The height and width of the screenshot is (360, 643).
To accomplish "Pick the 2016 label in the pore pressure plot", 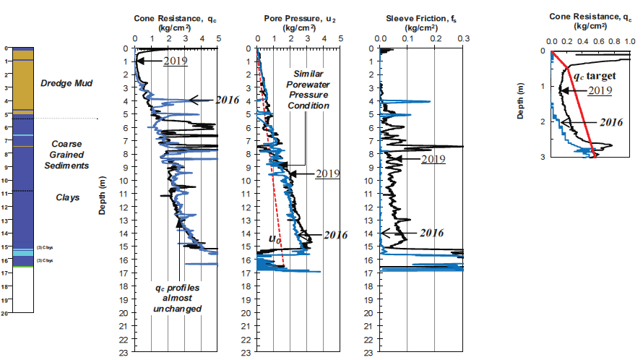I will coord(335,235).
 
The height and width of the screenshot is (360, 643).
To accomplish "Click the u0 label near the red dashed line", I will coord(275,238).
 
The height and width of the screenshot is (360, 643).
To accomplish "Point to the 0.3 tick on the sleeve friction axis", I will coord(463,40).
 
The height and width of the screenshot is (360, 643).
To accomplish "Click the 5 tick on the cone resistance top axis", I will coord(217,40).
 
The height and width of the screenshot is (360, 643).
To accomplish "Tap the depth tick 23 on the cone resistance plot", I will coord(124,353).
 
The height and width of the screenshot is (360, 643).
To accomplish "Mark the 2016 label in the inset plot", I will coord(610,123).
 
